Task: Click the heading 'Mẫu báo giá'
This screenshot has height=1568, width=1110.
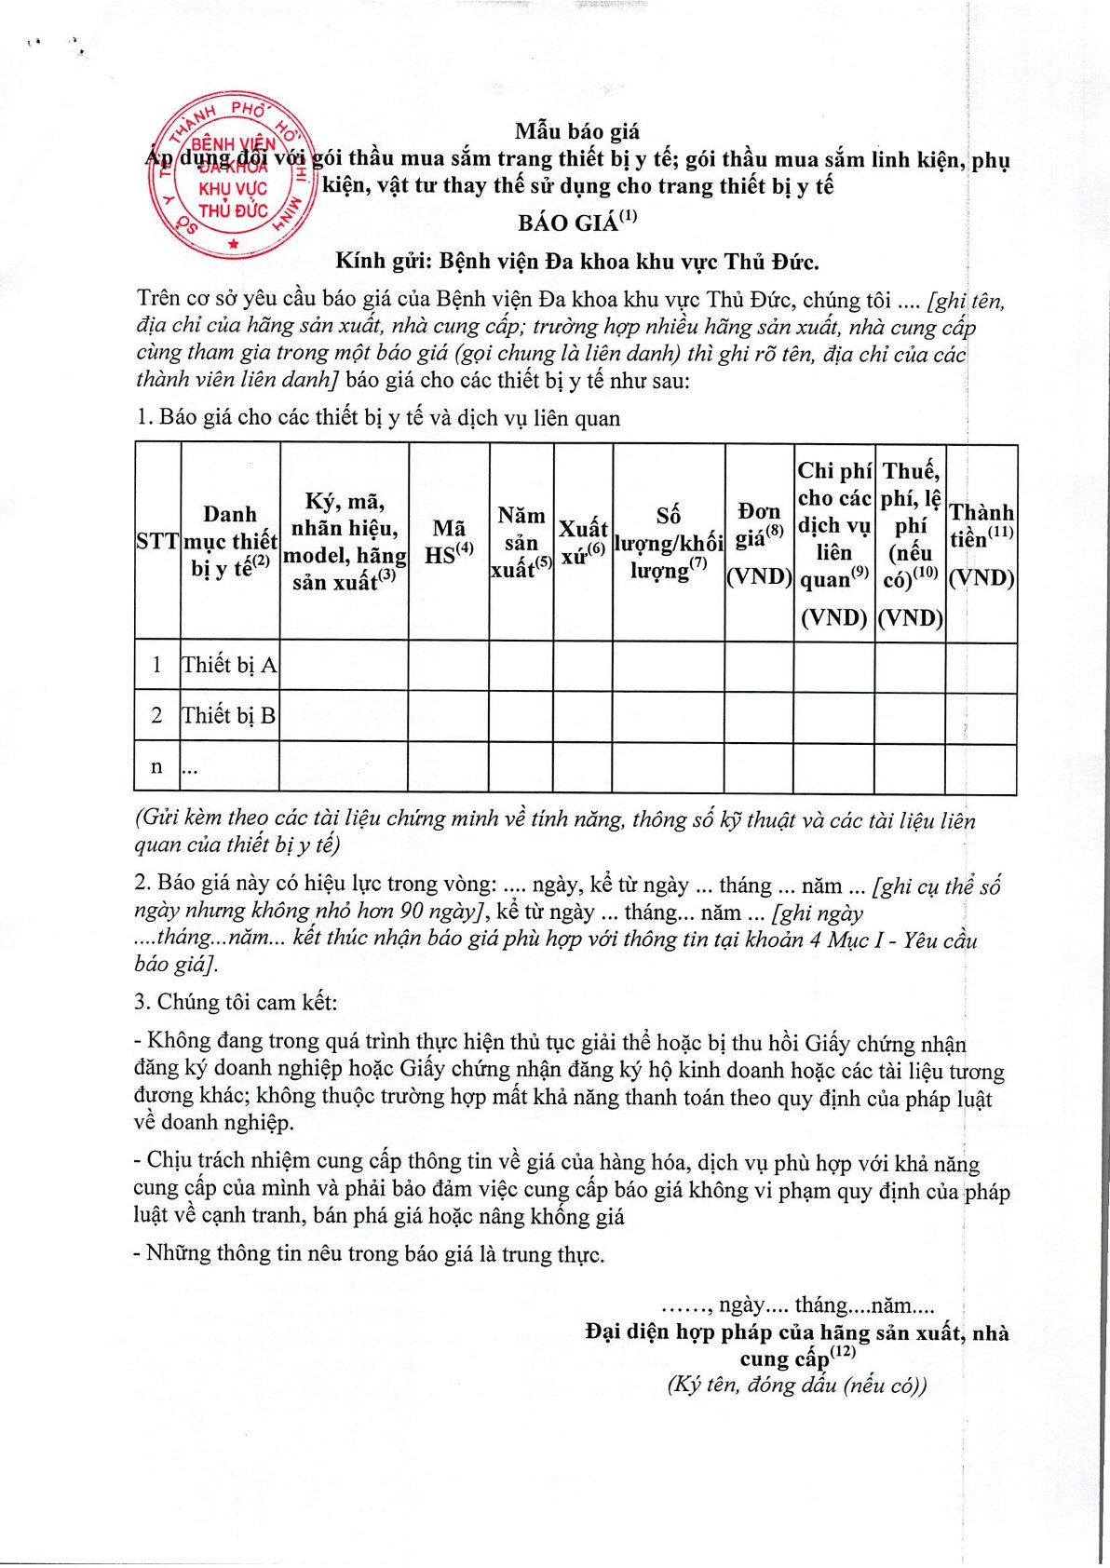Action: [577, 131]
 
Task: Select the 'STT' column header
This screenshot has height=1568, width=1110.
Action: [157, 541]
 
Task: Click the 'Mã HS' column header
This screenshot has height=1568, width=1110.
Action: [449, 542]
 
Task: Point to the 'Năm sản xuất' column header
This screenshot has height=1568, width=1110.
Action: [521, 542]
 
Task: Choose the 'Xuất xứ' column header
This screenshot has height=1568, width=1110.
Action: [583, 542]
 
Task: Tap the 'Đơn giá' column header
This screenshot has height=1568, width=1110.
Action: [759, 543]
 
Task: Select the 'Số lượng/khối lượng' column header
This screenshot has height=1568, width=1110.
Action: [668, 543]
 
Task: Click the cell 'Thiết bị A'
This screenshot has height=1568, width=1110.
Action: [229, 665]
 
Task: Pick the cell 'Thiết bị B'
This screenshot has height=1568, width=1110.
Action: [229, 715]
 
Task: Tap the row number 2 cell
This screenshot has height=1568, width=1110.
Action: [156, 715]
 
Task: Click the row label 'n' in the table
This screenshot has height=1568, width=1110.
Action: [156, 766]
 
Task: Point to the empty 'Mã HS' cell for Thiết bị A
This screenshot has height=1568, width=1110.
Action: [449, 665]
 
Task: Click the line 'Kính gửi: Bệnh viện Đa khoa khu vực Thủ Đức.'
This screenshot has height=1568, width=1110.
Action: [577, 262]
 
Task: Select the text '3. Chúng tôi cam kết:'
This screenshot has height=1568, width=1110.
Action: [236, 1002]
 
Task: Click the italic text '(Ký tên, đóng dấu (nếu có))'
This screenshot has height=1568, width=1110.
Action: [797, 1385]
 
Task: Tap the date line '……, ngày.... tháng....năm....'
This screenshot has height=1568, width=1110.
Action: [797, 1304]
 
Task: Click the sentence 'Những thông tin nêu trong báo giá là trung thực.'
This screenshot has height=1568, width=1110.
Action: [370, 1253]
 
